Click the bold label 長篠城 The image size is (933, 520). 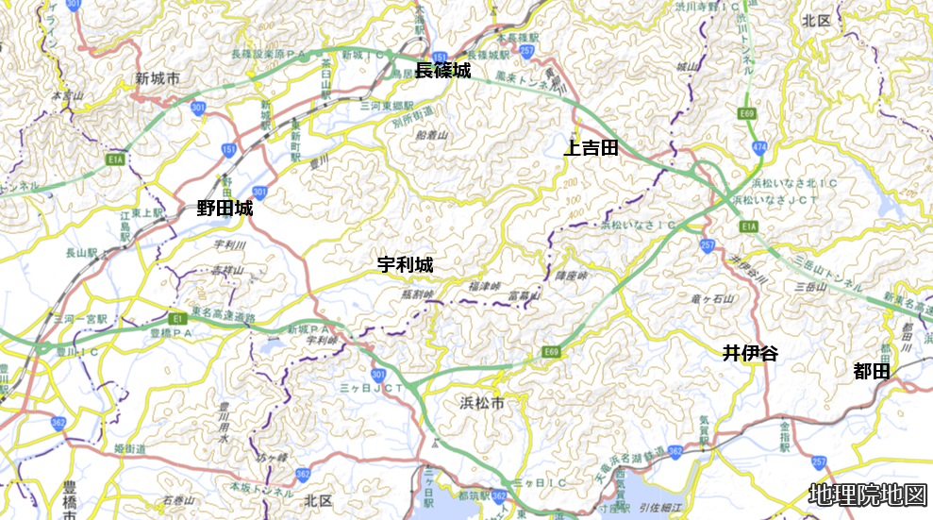click(x=442, y=70)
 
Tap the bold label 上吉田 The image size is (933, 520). click(x=591, y=147)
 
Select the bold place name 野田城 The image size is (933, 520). click(x=225, y=210)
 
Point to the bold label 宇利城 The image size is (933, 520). click(x=405, y=265)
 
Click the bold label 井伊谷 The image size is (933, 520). click(x=751, y=354)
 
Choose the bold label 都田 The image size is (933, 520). click(x=872, y=372)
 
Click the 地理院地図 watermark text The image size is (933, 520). click(x=868, y=495)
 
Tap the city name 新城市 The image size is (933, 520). click(x=157, y=78)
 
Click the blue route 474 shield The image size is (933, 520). click(x=758, y=146)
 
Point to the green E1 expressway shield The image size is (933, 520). click(x=177, y=317)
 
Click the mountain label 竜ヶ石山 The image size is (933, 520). click(x=741, y=298)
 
